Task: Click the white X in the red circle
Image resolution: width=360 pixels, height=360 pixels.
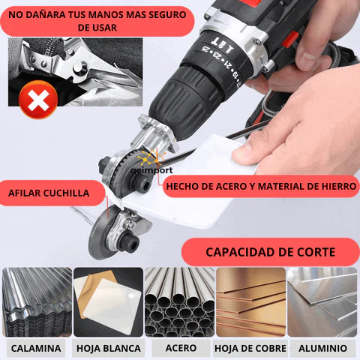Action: tap(38, 100)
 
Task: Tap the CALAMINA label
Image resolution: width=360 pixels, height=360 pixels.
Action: tap(36, 348)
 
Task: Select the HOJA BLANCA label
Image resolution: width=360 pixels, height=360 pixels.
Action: tap(109, 348)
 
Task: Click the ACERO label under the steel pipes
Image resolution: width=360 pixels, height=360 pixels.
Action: tap(181, 348)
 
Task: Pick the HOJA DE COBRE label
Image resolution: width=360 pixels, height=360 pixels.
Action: tap(250, 348)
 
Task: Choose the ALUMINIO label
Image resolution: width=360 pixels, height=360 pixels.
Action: tap(322, 348)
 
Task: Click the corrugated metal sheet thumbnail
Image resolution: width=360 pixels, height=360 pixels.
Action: tap(37, 302)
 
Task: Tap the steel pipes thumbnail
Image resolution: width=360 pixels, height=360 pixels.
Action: tap(179, 302)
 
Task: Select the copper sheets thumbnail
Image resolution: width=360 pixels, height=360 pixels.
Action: tap(250, 302)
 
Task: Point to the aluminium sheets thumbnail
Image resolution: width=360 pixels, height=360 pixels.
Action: tap(322, 302)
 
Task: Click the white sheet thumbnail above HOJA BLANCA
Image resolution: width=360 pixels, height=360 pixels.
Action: tap(108, 302)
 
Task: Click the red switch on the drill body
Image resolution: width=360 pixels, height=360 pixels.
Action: tap(290, 40)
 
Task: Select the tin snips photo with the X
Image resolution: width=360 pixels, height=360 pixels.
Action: tap(75, 72)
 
